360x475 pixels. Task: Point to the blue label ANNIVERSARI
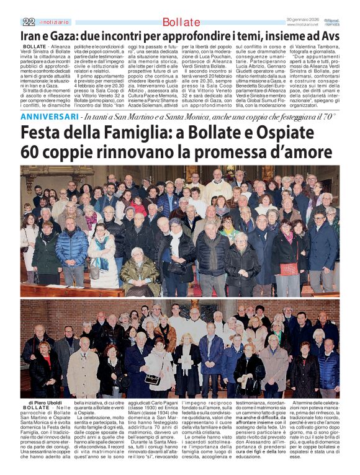coord(48,116)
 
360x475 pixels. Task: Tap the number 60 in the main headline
coord(31,152)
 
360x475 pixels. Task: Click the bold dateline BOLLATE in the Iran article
coord(34,47)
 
